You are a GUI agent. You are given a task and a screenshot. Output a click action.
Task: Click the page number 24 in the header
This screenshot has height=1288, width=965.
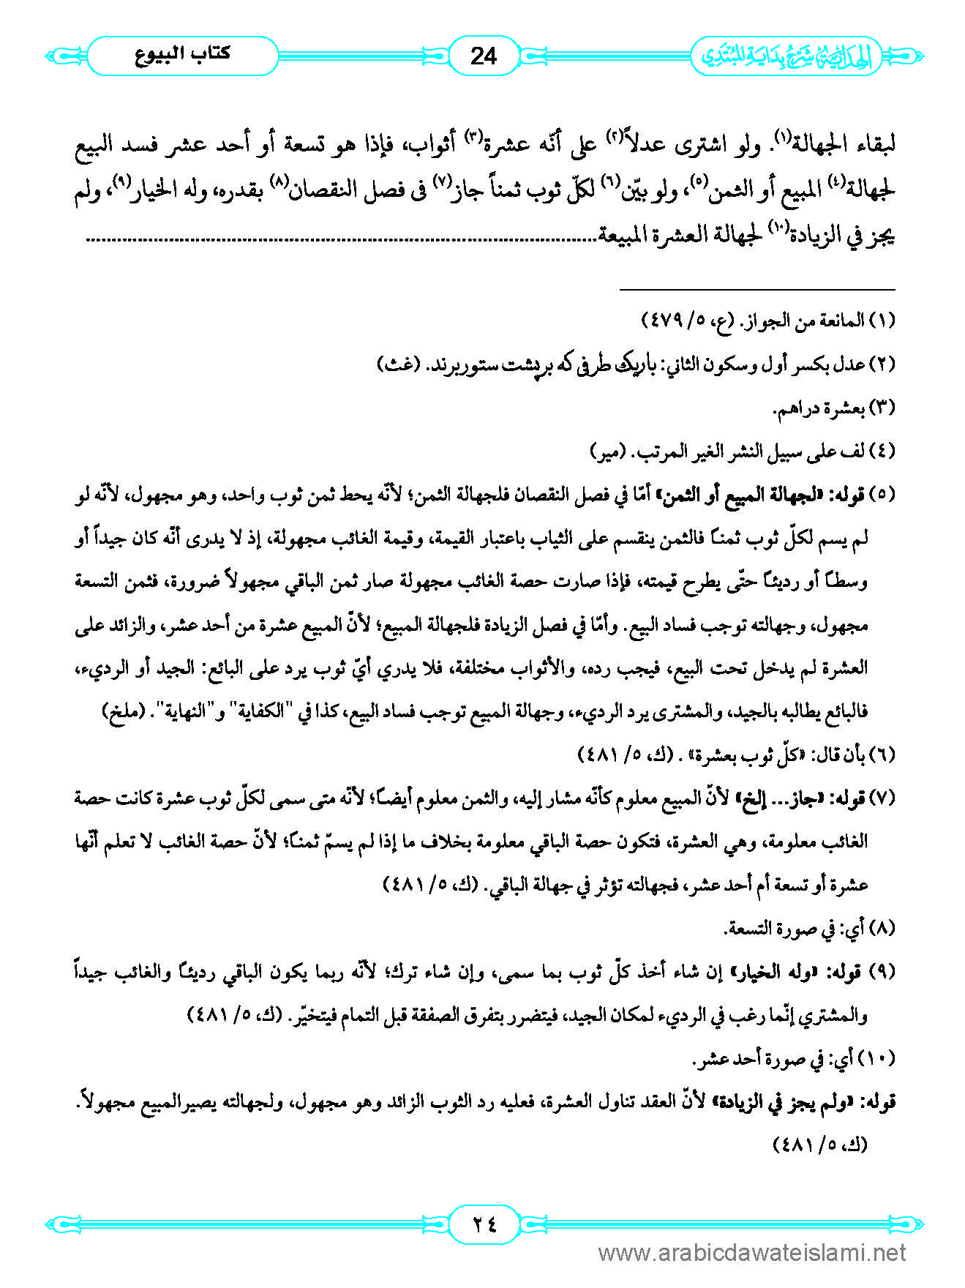483,56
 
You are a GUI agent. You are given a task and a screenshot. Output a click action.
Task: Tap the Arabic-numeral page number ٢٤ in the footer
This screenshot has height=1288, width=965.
483,1224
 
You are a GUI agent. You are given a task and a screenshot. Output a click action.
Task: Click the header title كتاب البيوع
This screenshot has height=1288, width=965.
183,55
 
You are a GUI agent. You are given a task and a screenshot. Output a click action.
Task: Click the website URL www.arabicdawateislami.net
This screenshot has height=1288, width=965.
752,1254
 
